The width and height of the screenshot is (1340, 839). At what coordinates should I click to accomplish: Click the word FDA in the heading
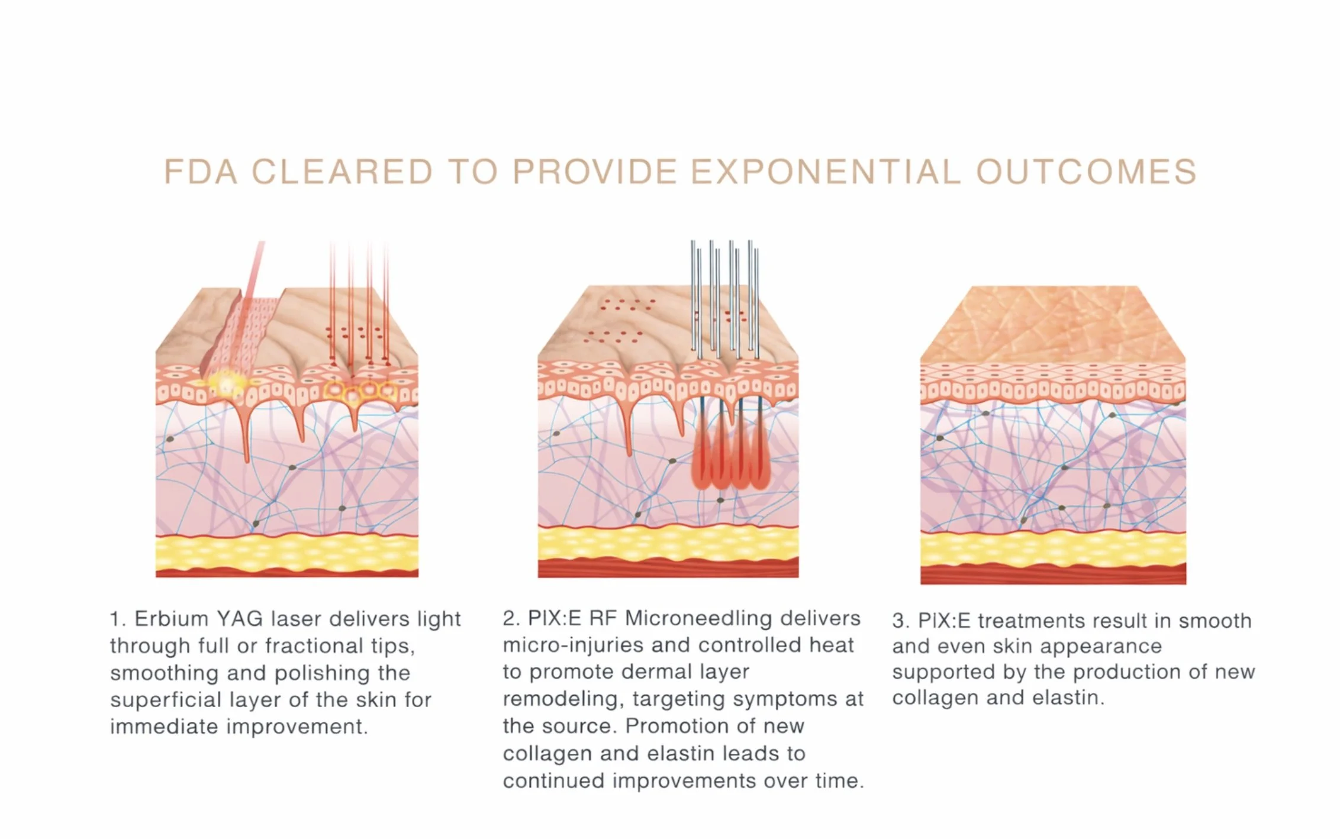point(201,172)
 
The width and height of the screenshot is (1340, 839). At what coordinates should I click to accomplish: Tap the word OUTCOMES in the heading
point(1086,172)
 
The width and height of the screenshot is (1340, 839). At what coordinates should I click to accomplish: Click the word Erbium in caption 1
point(171,619)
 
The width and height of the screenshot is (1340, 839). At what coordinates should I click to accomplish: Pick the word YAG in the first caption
point(239,619)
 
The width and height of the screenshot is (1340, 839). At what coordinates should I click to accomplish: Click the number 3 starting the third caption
point(898,621)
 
